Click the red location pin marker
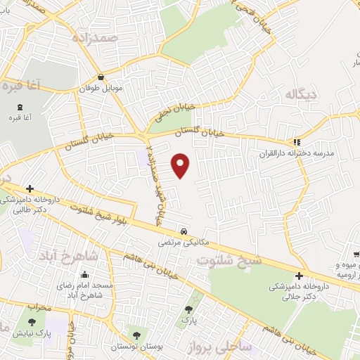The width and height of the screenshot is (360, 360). coord(181,165)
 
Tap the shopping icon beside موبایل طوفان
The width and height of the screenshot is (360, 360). coord(103,77)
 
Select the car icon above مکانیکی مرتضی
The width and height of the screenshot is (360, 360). coord(183,231)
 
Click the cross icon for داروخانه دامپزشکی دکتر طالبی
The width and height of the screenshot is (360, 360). coord(29,188)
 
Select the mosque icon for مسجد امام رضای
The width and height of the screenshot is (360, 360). coord(84,275)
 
